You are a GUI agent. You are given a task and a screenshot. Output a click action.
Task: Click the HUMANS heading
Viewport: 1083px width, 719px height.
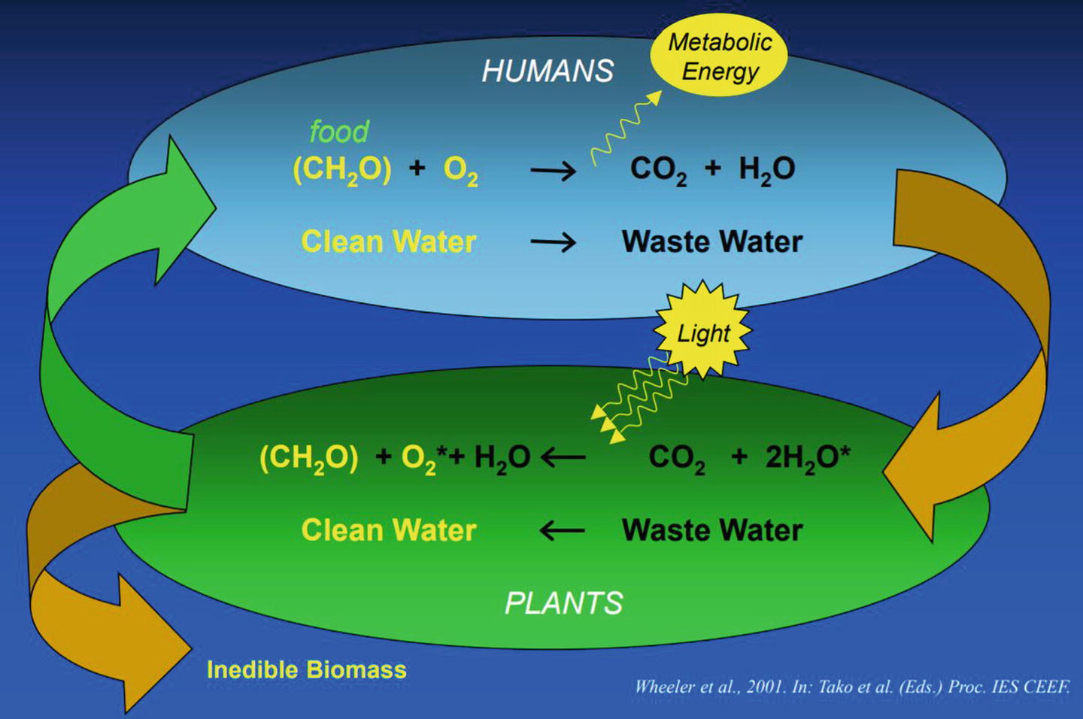click(548, 71)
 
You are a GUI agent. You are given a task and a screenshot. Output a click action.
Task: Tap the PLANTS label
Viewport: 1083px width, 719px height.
click(563, 603)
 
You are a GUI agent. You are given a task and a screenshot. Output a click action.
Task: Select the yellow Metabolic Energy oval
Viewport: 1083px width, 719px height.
click(719, 57)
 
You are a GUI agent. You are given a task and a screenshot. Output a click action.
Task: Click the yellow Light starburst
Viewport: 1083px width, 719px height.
click(703, 332)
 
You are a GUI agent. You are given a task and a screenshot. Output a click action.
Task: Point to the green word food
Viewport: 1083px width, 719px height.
click(339, 132)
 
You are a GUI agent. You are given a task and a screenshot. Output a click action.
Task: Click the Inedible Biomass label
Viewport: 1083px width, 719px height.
click(306, 669)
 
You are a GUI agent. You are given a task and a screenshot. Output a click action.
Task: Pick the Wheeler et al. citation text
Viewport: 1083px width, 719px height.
click(851, 686)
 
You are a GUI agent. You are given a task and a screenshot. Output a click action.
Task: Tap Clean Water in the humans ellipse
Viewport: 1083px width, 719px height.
click(388, 242)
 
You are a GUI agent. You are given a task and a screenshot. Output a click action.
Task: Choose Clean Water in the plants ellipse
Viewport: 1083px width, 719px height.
click(388, 530)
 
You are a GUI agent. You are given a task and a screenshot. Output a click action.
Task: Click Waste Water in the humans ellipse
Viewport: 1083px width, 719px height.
click(711, 242)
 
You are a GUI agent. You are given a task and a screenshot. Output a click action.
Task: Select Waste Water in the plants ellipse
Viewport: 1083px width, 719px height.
click(711, 530)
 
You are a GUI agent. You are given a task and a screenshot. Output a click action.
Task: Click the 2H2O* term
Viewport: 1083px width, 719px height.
click(807, 457)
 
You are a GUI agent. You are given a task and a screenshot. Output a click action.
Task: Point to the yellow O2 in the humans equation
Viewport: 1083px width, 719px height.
click(460, 171)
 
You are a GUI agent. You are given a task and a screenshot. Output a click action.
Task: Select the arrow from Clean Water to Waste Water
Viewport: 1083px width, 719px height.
click(553, 242)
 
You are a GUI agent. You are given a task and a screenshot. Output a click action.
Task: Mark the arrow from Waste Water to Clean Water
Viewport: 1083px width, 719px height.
click(562, 530)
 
